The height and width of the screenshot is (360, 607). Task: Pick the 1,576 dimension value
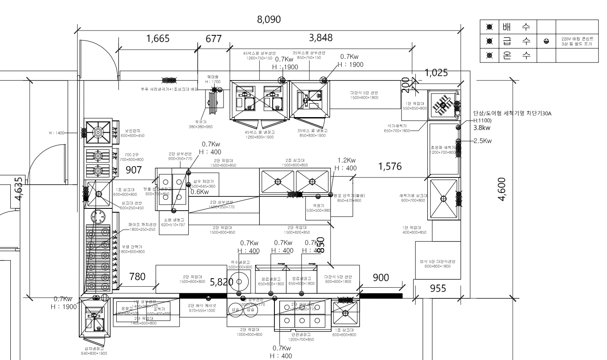coord(390,167)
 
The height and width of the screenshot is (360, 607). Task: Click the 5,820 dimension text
coord(221,282)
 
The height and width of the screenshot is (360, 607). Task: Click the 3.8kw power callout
coord(482,128)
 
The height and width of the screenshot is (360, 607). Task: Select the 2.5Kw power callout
coord(483,141)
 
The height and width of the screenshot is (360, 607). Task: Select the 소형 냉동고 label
coord(173,220)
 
